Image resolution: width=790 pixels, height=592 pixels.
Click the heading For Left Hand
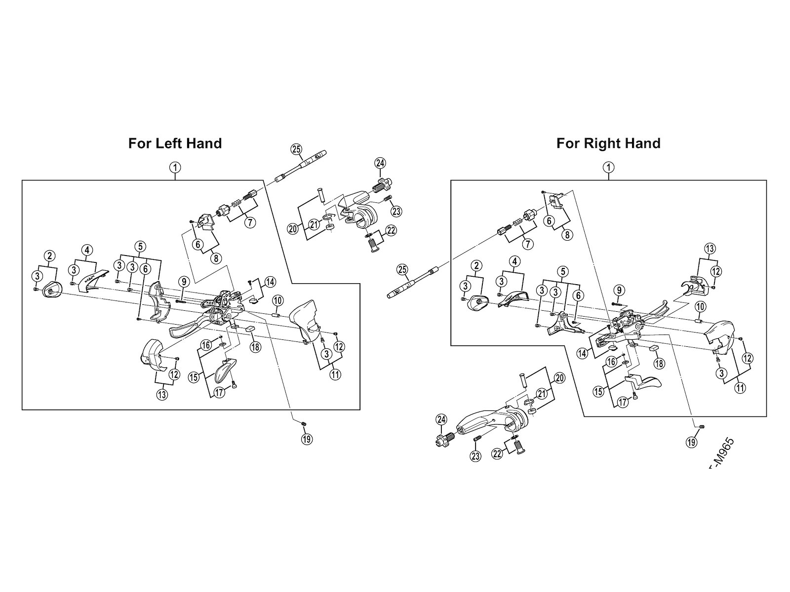[x=175, y=144]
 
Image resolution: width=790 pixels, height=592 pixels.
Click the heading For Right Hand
[x=608, y=144]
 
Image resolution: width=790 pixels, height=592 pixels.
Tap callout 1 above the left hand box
[x=175, y=167]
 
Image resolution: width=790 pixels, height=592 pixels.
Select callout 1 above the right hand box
[x=609, y=167]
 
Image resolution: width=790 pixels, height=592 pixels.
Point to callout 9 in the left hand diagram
[x=183, y=282]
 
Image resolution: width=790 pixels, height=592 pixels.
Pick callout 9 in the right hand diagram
[x=620, y=290]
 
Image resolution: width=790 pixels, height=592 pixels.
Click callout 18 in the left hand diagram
[x=255, y=347]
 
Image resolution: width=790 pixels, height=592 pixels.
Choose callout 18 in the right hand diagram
[x=659, y=364]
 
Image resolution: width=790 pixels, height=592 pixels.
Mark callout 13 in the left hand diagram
[x=162, y=394]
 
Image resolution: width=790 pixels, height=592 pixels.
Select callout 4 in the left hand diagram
[x=87, y=251]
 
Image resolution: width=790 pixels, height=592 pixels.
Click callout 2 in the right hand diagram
[x=476, y=266]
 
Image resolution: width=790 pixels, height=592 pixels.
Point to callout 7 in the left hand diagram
[x=250, y=222]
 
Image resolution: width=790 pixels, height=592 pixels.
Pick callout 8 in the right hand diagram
[x=567, y=235]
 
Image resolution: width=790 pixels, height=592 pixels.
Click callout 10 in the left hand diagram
[x=276, y=300]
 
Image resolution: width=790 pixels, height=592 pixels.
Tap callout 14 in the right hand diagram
[x=583, y=353]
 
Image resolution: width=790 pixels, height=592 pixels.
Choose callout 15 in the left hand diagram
[x=193, y=377]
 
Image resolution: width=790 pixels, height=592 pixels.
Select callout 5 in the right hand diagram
[x=561, y=271]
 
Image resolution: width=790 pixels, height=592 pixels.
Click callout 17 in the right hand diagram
[x=623, y=403]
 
